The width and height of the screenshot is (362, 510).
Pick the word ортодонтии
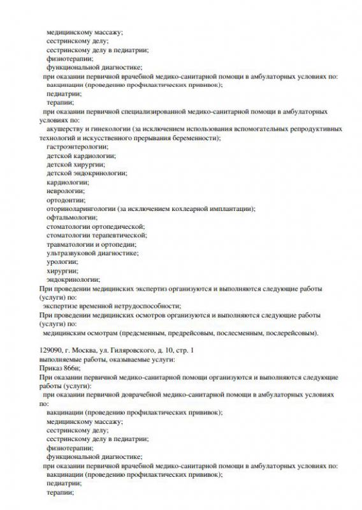point(66,200)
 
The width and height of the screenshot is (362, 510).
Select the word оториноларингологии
point(81,208)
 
